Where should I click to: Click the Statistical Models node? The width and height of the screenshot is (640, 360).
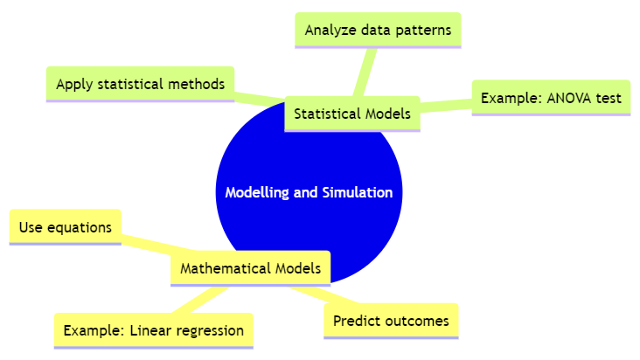tap(352, 114)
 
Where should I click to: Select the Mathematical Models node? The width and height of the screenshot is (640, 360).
tap(250, 268)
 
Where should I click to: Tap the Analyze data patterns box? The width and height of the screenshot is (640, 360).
tap(378, 31)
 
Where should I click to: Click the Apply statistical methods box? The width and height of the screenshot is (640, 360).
tap(140, 84)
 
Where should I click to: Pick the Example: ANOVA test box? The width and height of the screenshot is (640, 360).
tap(551, 98)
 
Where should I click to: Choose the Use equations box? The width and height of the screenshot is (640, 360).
tap(66, 227)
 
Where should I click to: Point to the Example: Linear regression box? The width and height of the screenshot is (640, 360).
tap(153, 330)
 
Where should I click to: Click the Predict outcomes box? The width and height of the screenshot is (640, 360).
tap(391, 321)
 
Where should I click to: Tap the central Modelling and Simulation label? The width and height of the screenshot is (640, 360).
tap(309, 192)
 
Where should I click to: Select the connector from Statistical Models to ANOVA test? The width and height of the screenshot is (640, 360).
tap(446, 107)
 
